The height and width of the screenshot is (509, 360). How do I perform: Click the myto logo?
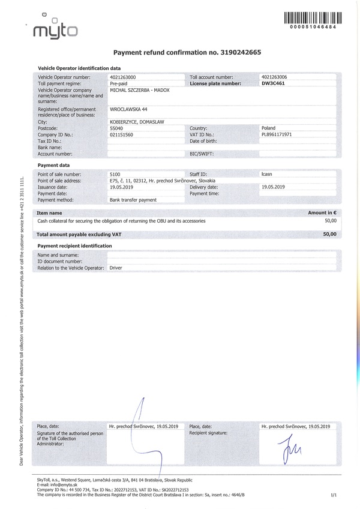pyautogui.click(x=55, y=30)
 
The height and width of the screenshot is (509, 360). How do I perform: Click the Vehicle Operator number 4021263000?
pyautogui.click(x=123, y=78)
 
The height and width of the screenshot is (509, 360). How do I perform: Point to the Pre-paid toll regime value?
pyautogui.click(x=119, y=84)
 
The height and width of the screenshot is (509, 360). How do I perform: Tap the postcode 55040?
pyautogui.click(x=118, y=128)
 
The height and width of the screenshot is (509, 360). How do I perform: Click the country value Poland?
pyautogui.click(x=268, y=128)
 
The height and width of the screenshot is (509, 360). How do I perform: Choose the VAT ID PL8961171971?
pyautogui.click(x=277, y=134)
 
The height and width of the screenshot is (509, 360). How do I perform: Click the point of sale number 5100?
pyautogui.click(x=115, y=173)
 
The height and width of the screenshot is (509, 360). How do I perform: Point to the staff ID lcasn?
pyautogui.click(x=268, y=173)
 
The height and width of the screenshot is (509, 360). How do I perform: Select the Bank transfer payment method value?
pyautogui.click(x=133, y=199)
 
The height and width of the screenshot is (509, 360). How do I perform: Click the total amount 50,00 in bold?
pyautogui.click(x=329, y=233)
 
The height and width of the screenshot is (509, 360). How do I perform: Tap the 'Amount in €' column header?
pyautogui.click(x=322, y=212)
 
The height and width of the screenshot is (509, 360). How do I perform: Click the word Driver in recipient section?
pyautogui.click(x=116, y=268)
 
